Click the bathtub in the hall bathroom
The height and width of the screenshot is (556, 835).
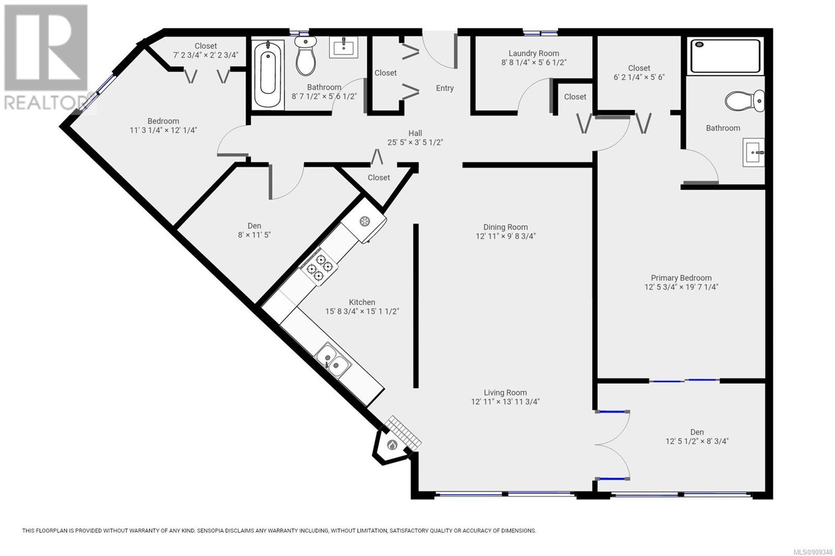pos(268,75)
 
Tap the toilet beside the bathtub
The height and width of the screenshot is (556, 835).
pos(306,55)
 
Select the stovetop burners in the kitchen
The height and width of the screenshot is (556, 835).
pos(319,267)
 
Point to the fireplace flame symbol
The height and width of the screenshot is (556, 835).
pos(392,444)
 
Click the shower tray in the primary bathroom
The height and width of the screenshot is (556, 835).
pos(725,55)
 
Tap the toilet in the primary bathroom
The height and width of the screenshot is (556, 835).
pos(744,101)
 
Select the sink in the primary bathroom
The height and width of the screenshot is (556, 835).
pos(754,152)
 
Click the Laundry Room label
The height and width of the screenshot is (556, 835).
pos(534,53)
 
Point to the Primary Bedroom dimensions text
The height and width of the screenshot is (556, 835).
pos(681,287)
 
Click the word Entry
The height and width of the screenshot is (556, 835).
pos(445,88)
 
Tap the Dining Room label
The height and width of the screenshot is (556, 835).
pos(506,227)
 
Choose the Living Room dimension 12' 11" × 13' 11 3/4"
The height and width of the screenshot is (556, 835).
pos(506,402)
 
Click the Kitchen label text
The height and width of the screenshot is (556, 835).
pos(362,302)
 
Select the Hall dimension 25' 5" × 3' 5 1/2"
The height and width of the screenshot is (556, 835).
pos(415,142)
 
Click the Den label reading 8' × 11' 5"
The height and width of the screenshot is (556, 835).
pos(254,235)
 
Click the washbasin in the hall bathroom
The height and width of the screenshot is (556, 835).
pos(343,47)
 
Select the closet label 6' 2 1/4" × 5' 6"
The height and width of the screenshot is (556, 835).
pos(639,77)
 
